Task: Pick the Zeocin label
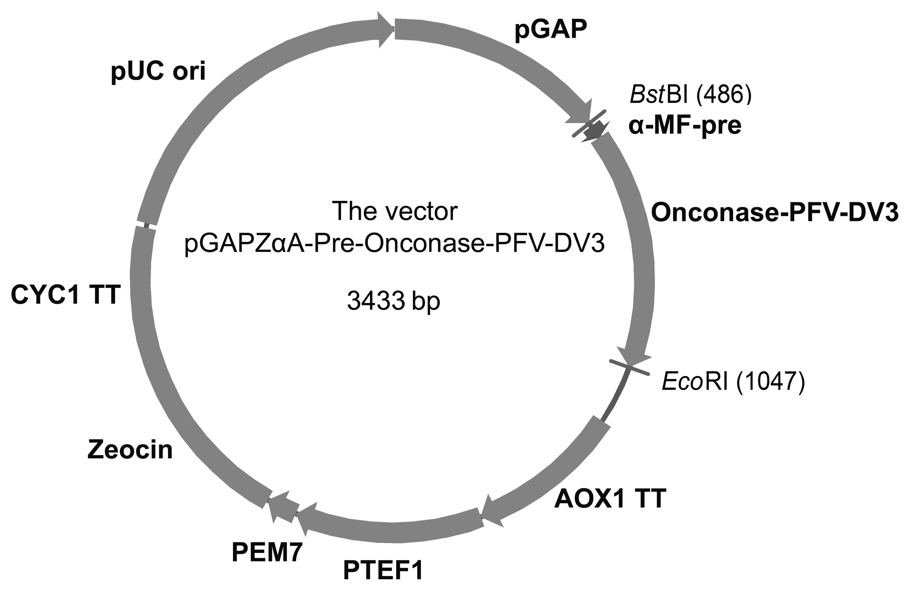click(130, 450)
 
